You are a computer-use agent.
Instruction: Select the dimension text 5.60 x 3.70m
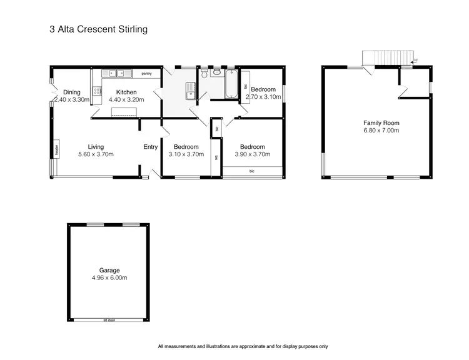click(x=96, y=154)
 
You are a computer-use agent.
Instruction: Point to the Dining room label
click(x=72, y=92)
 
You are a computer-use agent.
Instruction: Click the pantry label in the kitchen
click(x=147, y=74)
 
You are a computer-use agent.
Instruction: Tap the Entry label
click(x=151, y=147)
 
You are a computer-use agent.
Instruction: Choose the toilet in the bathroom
click(x=216, y=73)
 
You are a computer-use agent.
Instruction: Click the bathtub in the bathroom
click(x=230, y=84)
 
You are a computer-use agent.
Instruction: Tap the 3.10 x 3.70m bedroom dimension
click(x=186, y=154)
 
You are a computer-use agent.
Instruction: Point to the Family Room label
click(x=381, y=123)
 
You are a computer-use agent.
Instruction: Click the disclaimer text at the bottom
click(x=243, y=346)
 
